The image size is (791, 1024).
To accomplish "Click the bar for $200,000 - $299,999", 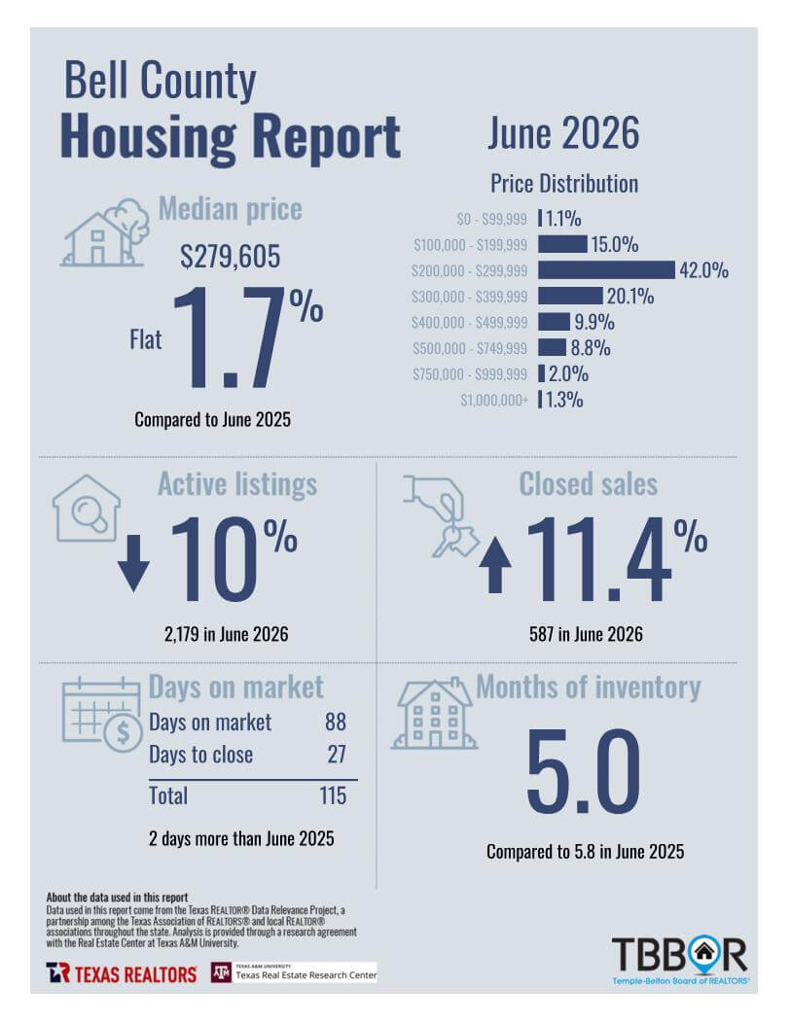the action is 606,270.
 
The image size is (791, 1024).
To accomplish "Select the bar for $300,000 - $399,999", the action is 570,296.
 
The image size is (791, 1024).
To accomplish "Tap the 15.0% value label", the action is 615,244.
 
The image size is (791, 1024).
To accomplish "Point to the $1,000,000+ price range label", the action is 494,400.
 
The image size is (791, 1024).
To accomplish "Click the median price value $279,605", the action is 230,256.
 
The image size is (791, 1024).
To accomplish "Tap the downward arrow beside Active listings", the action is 134,563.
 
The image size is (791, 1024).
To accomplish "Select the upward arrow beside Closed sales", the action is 495,565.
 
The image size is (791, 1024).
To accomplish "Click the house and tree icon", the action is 104,232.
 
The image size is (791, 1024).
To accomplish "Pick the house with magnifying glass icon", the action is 87,508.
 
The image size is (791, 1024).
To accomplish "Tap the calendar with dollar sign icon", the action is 102,715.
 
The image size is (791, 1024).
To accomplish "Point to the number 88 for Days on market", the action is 336,722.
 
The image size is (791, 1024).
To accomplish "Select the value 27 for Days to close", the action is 337,755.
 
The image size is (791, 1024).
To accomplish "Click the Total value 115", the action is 333,795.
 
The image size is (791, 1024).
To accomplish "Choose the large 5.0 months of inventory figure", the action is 583,771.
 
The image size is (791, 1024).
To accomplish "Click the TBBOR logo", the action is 680,961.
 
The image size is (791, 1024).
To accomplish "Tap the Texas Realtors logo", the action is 122,973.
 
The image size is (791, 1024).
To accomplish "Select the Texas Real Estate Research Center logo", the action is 294,972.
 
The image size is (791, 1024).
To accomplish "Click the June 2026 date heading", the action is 563,133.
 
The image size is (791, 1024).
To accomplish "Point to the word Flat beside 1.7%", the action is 146,339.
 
